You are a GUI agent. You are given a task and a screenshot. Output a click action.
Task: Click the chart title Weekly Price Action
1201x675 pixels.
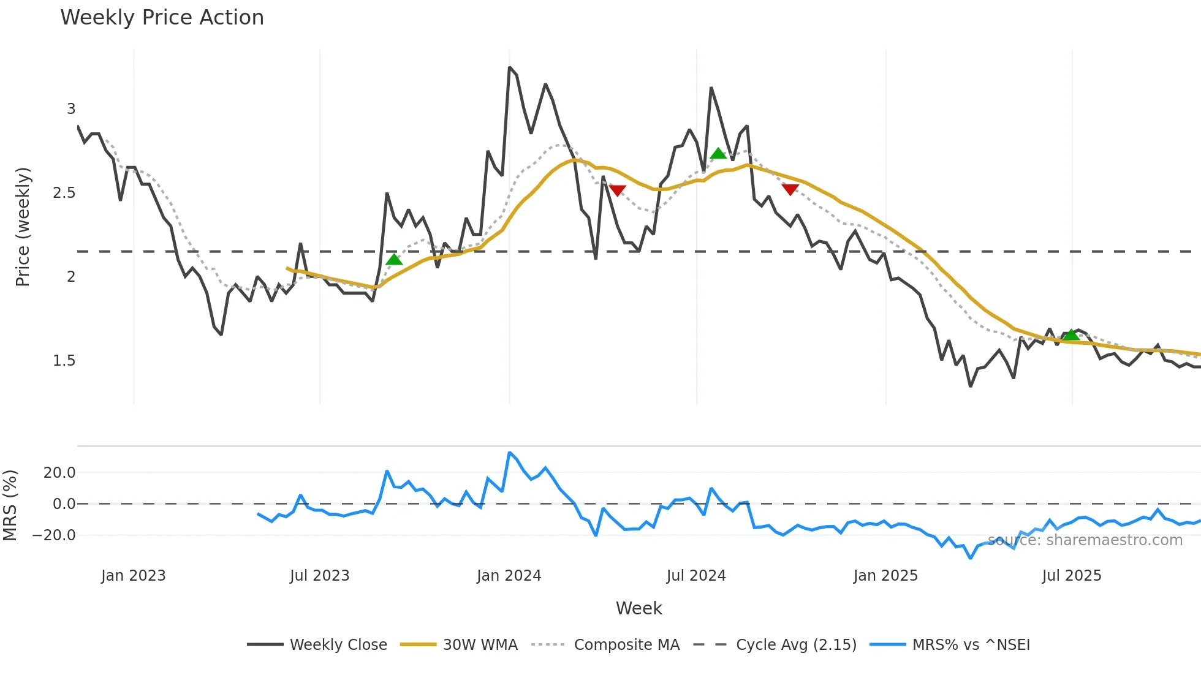(162, 18)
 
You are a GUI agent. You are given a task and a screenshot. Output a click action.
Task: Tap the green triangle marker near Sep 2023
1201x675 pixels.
(394, 260)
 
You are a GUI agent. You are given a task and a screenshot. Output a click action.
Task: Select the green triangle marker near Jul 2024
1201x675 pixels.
(718, 153)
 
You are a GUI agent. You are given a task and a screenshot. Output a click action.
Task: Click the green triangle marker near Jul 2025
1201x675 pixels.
(1070, 334)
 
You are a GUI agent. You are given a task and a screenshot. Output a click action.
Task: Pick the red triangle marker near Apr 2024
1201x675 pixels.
(618, 190)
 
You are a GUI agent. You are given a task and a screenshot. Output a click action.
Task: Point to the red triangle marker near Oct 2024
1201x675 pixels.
(790, 189)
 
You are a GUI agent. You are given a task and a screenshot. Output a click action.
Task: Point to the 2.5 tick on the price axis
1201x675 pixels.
(64, 193)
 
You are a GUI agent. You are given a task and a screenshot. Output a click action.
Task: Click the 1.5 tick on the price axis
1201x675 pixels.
(64, 361)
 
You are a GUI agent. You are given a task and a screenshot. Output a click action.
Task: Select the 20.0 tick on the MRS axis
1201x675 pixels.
(59, 472)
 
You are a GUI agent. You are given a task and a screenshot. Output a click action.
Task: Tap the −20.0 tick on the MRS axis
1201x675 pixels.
(55, 535)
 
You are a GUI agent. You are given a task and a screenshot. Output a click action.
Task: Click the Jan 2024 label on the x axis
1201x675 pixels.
(509, 576)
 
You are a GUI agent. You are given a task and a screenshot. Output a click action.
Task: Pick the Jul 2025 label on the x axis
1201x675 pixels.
(1072, 576)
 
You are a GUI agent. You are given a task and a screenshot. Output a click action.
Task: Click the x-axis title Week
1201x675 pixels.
(638, 608)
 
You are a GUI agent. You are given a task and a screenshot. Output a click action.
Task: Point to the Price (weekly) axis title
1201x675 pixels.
(23, 227)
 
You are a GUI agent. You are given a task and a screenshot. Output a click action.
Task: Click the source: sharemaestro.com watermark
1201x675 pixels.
(1085, 540)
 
